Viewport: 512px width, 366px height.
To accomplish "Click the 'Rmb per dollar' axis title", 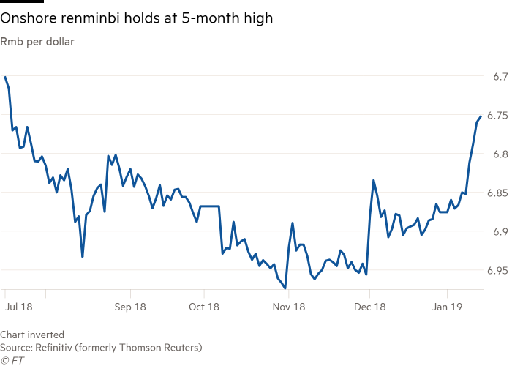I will (x=37, y=41).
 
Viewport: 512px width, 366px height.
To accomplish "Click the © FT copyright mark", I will (x=12, y=359).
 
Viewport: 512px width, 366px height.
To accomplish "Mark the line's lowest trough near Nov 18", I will (x=285, y=288).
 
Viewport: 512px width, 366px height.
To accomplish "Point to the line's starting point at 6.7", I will (x=4, y=76).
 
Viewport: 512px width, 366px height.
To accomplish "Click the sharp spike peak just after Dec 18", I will (x=373, y=179).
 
